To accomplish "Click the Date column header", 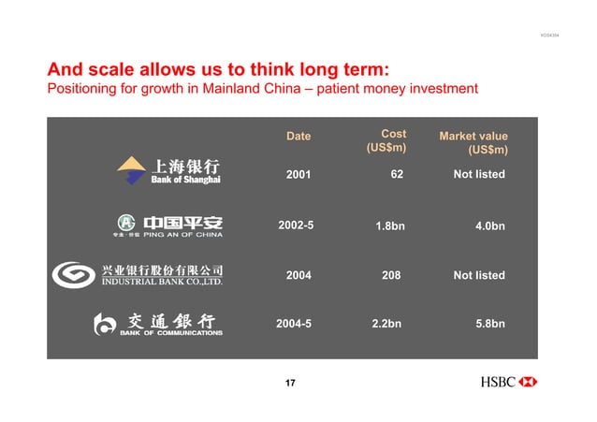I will (298, 137).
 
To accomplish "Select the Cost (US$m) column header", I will (386, 140).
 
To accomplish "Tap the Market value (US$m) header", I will (473, 143).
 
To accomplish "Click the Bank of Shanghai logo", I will (168, 171).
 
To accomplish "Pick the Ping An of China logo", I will (169, 226).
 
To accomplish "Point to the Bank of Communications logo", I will (158, 324).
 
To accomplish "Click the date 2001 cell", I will (298, 174).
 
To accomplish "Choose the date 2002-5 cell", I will (296, 226).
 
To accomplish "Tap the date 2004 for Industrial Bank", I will (298, 275).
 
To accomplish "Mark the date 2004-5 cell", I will (294, 324).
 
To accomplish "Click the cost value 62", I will (397, 174).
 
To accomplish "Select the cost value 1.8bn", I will (389, 226).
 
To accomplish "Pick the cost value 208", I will (391, 275).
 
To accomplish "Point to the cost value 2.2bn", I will (386, 324).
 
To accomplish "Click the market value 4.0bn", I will (490, 226).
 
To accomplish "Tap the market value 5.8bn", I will (490, 324).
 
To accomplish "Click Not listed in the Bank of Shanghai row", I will (478, 174).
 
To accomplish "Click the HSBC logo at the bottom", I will (509, 382).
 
